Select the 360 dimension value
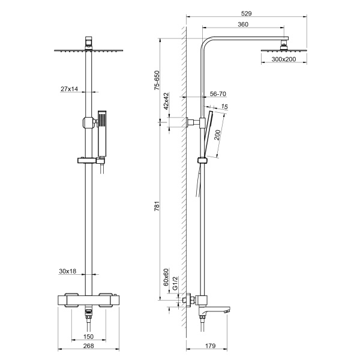pyautogui.click(x=242, y=24)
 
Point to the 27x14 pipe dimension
pyautogui.click(x=70, y=89)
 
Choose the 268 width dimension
pyautogui.click(x=88, y=347)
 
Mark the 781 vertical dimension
pyautogui.click(x=157, y=205)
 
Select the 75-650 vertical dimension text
pyautogui.click(x=157, y=80)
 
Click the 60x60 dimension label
pyautogui.click(x=166, y=277)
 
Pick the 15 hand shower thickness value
pyautogui.click(x=225, y=107)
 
